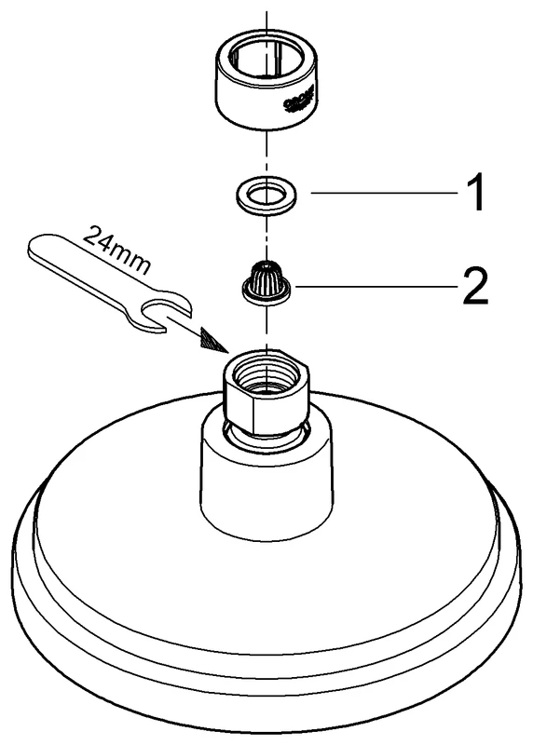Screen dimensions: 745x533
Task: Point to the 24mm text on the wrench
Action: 115,249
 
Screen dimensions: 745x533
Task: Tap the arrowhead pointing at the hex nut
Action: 215,341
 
